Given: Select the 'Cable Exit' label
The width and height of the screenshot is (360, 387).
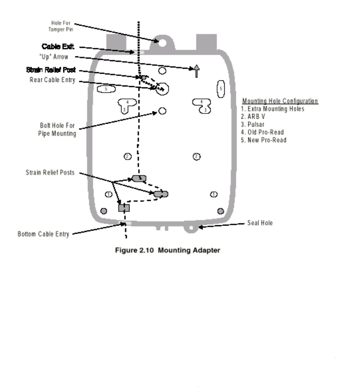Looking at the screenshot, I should (x=55, y=46).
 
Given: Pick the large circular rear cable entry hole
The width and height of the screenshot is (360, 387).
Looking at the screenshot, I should (x=163, y=89).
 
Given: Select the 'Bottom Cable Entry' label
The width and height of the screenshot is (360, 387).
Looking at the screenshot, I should (x=43, y=234).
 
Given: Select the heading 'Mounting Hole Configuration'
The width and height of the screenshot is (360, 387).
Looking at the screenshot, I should (x=280, y=101).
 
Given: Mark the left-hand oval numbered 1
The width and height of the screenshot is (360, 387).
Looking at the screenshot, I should (x=108, y=194).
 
